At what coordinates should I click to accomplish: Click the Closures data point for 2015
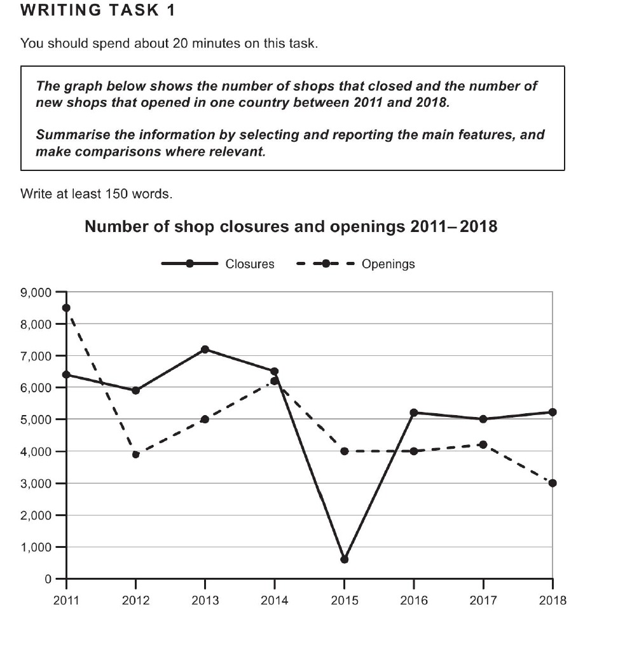pos(345,559)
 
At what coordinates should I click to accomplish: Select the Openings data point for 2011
pos(66,308)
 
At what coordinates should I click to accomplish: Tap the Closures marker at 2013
pos(205,350)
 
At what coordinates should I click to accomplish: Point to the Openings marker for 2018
pos(552,483)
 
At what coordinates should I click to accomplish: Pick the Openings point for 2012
pos(136,454)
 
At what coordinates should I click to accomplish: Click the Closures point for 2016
pos(413,413)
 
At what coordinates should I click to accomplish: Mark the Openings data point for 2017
pos(483,444)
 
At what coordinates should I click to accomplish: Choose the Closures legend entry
pos(217,264)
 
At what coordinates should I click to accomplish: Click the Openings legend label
pos(388,264)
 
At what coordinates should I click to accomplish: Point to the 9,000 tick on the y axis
pos(37,292)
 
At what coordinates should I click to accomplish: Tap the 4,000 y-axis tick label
pos(37,451)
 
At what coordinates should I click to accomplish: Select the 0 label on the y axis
pos(48,579)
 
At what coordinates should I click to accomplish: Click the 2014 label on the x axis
pos(275,600)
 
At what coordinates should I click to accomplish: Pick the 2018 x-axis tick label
pos(553,600)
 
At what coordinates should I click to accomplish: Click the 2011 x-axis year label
pos(66,600)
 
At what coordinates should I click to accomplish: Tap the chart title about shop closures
pos(291,227)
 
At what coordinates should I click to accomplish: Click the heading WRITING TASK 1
pos(98,10)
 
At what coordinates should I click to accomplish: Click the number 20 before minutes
pos(181,43)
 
